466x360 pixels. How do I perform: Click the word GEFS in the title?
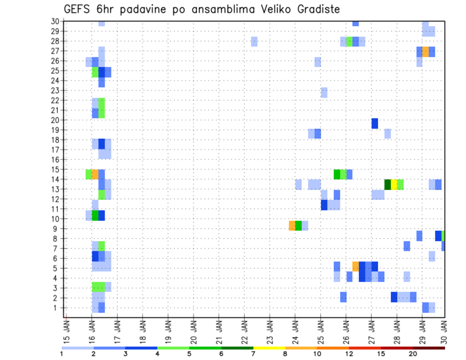[77, 9]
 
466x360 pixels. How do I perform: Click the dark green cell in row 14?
[387, 184]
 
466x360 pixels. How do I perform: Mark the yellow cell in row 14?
[394, 184]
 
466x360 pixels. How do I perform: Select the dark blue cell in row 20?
[375, 124]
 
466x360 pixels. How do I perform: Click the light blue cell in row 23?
[324, 92]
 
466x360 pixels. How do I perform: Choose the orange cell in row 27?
[425, 51]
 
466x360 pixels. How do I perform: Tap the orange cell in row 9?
[292, 226]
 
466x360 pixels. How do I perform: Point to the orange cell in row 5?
[356, 266]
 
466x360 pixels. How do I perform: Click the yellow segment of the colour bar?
[269, 348]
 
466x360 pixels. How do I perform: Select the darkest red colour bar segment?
[429, 348]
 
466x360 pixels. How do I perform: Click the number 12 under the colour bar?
[349, 354]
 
